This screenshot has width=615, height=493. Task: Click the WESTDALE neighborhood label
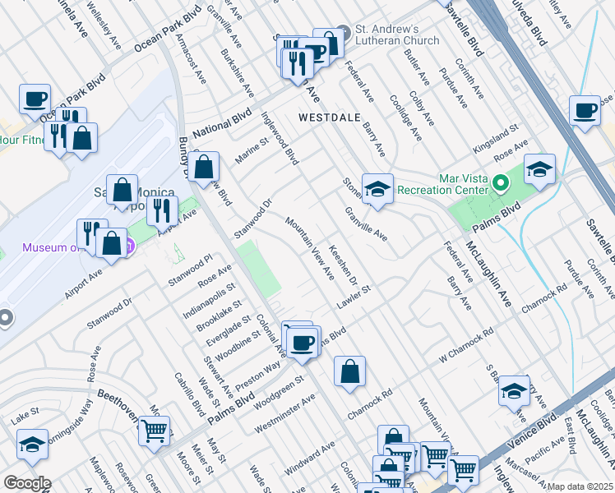(x=329, y=117)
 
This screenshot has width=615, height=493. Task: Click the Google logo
(x=27, y=483)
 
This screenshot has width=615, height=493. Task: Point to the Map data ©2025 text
(x=580, y=486)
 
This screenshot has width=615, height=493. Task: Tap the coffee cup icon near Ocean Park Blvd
(x=35, y=100)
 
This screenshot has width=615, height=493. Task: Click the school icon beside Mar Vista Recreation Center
(x=540, y=170)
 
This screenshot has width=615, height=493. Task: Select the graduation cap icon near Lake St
(x=32, y=445)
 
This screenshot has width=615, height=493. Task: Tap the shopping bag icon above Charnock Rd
(x=350, y=371)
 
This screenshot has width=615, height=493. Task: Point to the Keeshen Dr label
(x=343, y=265)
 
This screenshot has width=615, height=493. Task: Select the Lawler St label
(x=354, y=298)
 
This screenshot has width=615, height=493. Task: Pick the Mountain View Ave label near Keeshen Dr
(x=310, y=244)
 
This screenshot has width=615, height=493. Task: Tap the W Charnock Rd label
(x=465, y=346)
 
